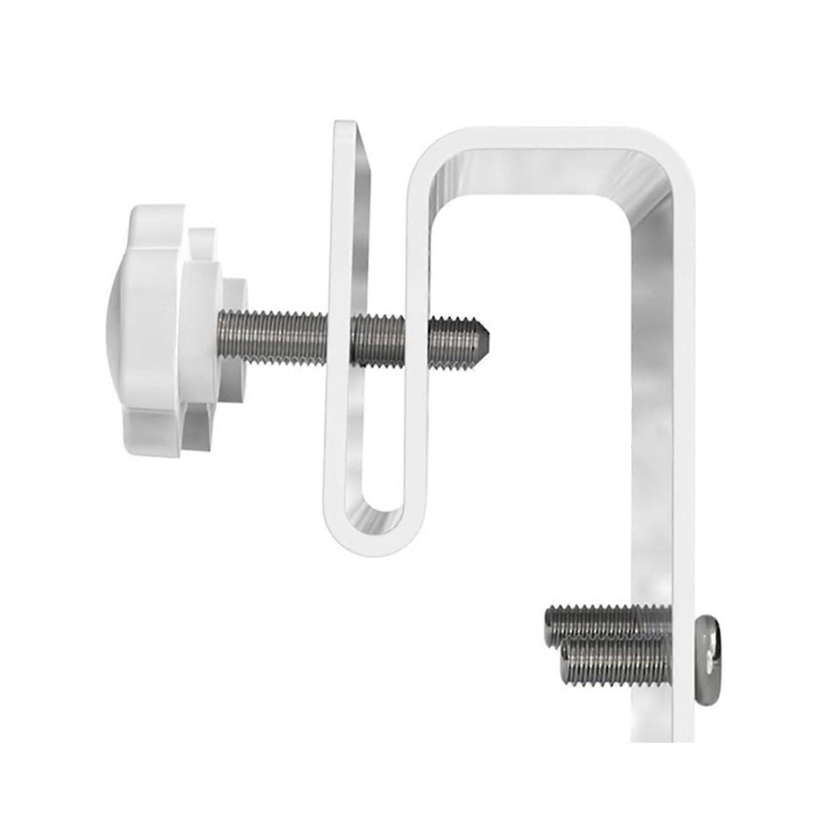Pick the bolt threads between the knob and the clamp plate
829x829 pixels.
(275, 335)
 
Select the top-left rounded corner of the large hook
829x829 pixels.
(430, 150)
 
